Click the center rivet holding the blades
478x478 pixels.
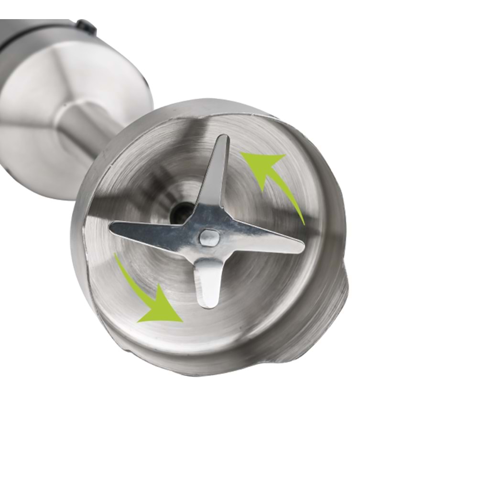208,237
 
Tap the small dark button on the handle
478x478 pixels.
86,27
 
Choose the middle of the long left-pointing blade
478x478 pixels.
153,229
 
